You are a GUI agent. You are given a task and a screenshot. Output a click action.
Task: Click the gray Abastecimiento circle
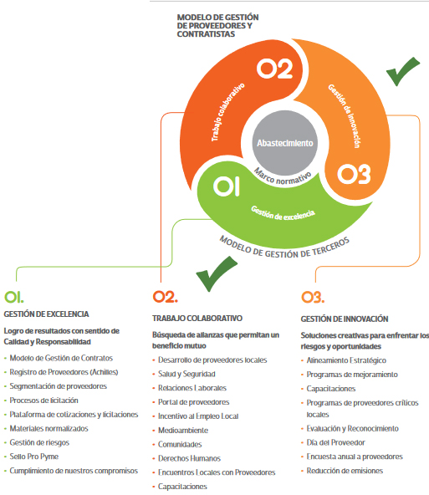284,143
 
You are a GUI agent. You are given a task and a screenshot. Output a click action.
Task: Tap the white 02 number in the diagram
274,69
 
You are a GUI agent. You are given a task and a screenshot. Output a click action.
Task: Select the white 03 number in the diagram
354,174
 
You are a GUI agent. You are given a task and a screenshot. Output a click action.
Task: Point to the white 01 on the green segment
227,186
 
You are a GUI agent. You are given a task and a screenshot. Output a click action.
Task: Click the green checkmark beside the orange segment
403,71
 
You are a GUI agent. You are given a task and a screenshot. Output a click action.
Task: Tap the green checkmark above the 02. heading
217,273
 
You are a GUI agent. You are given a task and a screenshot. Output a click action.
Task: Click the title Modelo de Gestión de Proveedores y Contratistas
217,26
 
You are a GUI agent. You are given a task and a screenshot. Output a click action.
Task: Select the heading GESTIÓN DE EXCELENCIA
46,314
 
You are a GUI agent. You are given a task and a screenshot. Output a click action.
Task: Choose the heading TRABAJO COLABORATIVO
197,319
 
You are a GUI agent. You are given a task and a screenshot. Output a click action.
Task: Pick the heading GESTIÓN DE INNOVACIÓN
345,319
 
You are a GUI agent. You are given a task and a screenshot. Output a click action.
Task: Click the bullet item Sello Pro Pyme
34,457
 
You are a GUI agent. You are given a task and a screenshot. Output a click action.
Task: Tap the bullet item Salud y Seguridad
186,374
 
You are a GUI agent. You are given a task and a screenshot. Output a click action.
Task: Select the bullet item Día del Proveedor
336,442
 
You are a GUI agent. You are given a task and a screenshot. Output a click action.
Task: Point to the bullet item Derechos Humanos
189,458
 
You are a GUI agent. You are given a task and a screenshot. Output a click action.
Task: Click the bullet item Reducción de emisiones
345,471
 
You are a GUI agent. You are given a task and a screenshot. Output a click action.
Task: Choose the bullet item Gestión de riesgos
39,442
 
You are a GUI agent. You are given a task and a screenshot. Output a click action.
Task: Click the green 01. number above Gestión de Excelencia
14,297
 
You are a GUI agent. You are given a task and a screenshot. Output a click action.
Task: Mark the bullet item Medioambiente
183,431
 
